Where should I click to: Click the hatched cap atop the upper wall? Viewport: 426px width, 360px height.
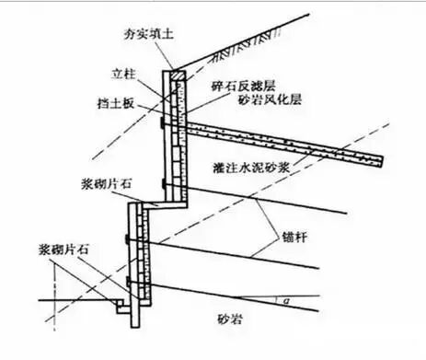(x=176, y=72)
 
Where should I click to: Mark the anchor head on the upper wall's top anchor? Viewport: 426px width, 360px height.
(x=160, y=122)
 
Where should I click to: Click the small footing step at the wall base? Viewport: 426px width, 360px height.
(x=123, y=301)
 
